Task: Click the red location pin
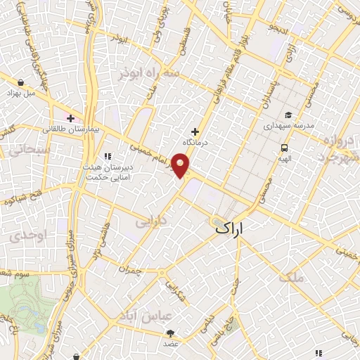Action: pos(182,166)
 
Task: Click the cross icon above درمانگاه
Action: pos(195,131)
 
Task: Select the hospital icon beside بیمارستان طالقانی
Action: pos(71,117)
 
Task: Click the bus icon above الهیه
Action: pos(284,148)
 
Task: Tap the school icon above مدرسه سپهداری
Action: pos(287,115)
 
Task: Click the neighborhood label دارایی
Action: pos(152,221)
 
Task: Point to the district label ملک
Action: pos(293,277)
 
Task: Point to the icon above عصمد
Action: pos(172,333)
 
